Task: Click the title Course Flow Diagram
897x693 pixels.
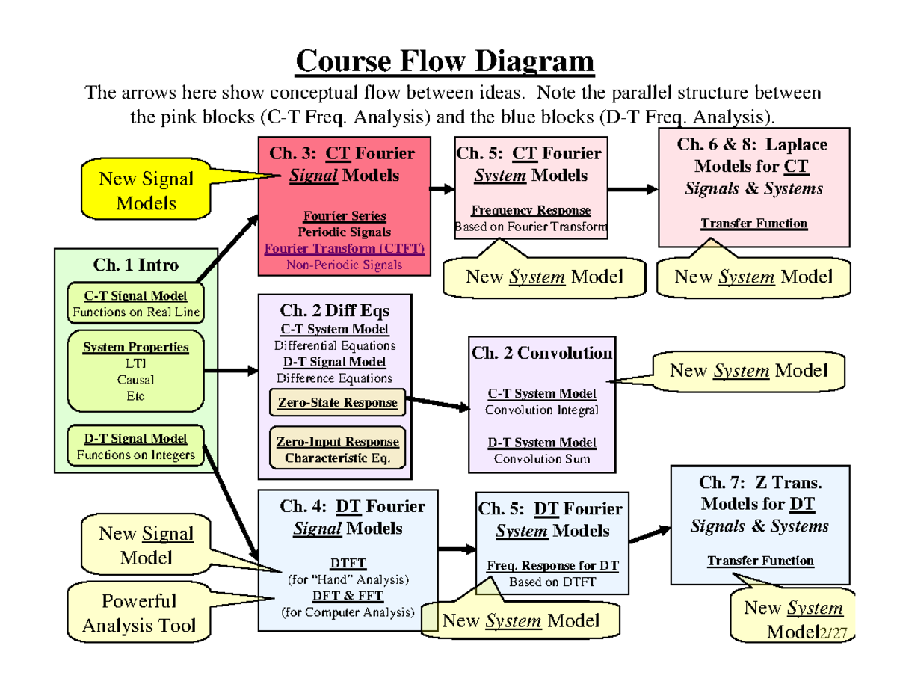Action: tap(445, 61)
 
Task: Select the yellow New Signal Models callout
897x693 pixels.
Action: tap(147, 190)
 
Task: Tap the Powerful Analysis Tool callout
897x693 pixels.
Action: tap(139, 613)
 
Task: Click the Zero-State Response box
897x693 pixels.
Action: tap(337, 403)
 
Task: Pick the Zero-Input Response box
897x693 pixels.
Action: tap(337, 449)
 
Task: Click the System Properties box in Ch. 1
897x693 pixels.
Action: tap(135, 371)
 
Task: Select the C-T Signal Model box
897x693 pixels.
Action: tap(135, 304)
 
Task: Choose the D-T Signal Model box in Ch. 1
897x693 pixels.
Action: tap(135, 446)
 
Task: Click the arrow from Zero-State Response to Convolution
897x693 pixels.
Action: tap(437, 404)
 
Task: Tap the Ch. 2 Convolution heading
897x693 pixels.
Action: tap(542, 353)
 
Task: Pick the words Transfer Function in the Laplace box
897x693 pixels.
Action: tap(753, 223)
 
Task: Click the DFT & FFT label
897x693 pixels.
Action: tap(347, 596)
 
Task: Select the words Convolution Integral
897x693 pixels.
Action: tap(541, 410)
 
